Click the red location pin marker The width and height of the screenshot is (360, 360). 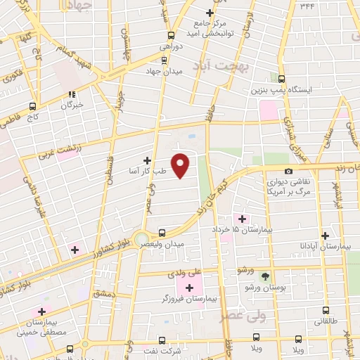181,165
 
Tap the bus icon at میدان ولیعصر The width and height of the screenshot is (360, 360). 162,232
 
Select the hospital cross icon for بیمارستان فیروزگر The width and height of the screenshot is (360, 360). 189,287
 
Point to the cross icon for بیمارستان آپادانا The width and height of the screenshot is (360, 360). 325,236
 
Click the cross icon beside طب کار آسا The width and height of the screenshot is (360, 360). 147,160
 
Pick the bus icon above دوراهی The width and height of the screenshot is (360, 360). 170,34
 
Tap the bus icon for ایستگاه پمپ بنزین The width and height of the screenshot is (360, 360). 282,79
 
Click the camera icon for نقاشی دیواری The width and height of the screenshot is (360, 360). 288,172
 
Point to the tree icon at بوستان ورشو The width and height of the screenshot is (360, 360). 265,276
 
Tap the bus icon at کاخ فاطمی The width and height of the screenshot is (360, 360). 31,107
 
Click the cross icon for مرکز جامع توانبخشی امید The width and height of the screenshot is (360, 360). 209,13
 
